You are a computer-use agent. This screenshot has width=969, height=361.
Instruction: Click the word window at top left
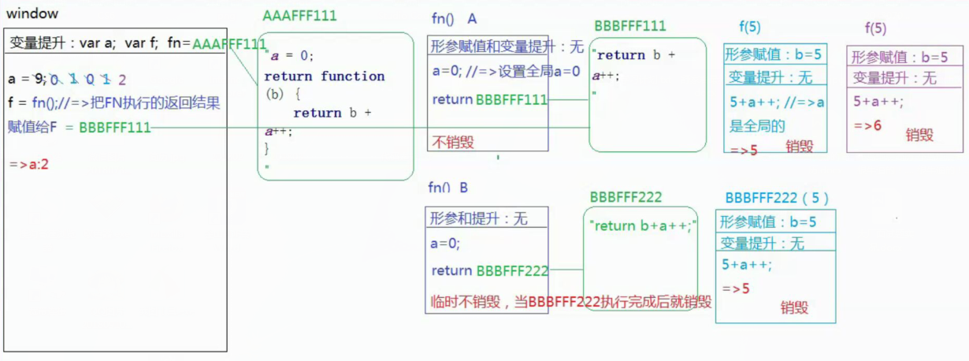pyautogui.click(x=32, y=14)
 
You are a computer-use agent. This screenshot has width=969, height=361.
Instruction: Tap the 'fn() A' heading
pyautogui.click(x=455, y=18)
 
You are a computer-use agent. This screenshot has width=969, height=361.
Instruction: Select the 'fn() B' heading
pyautogui.click(x=448, y=188)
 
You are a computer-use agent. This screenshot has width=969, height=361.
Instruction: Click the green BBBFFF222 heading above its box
pyautogui.click(x=626, y=197)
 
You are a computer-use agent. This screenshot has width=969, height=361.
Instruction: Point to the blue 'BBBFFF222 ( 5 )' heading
pyautogui.click(x=776, y=198)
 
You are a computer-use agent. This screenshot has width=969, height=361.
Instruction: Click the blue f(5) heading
pyautogui.click(x=749, y=28)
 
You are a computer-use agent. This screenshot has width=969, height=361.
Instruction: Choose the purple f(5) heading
pyautogui.click(x=875, y=28)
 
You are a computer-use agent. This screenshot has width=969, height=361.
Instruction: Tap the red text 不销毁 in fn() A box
pyautogui.click(x=453, y=142)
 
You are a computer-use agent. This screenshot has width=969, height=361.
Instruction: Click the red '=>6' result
pyautogui.click(x=867, y=125)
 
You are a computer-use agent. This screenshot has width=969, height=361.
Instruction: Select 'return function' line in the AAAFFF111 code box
pyautogui.click(x=324, y=76)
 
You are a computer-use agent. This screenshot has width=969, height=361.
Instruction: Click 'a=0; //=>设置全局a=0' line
pyautogui.click(x=506, y=71)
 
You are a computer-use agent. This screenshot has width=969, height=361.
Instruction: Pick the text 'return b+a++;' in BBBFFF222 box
pyautogui.click(x=642, y=225)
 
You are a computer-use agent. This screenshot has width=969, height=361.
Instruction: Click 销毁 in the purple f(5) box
pyautogui.click(x=919, y=135)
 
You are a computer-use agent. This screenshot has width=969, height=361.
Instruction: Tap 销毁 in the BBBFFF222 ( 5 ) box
pyautogui.click(x=794, y=307)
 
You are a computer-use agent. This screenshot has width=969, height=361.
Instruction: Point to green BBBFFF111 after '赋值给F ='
pyautogui.click(x=114, y=128)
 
